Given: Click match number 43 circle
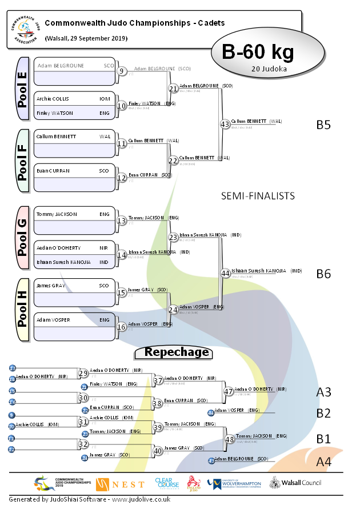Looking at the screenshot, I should pyautogui.click(x=225, y=124).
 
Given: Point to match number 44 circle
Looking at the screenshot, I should pyautogui.click(x=225, y=273).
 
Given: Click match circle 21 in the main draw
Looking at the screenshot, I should pyautogui.click(x=173, y=88).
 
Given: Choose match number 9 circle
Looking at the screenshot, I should pyautogui.click(x=122, y=71).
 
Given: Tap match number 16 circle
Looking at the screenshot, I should pyautogui.click(x=122, y=327).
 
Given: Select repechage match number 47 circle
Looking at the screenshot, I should pyautogui.click(x=229, y=391).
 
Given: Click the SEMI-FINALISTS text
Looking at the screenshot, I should pyautogui.click(x=258, y=196).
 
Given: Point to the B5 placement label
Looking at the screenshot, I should pyautogui.click(x=323, y=125).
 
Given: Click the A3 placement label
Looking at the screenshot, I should pyautogui.click(x=324, y=392).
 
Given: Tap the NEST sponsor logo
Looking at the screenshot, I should pyautogui.click(x=121, y=484).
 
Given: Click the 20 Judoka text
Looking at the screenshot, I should pyautogui.click(x=269, y=69).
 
